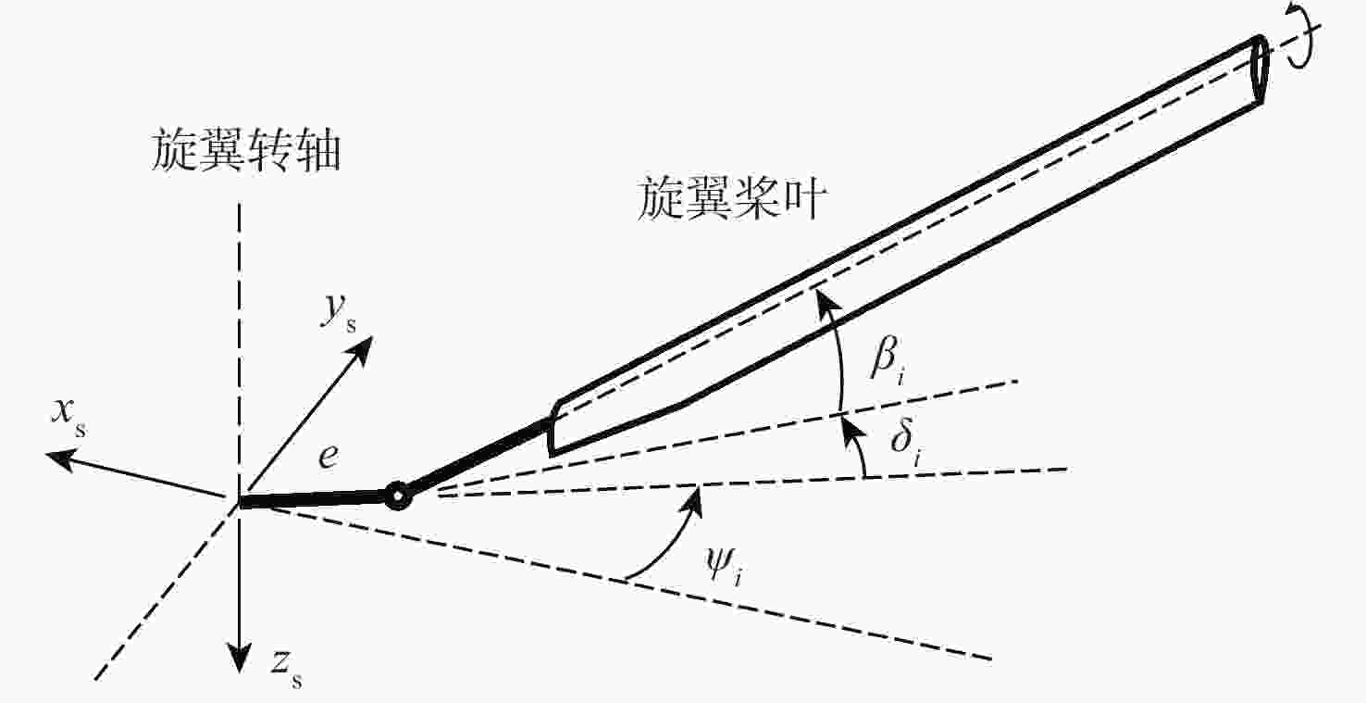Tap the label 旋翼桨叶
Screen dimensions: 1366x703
(x=732, y=198)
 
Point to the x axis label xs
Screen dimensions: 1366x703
(x=68, y=418)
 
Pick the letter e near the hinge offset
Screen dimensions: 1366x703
(x=329, y=457)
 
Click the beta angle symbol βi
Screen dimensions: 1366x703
(x=888, y=364)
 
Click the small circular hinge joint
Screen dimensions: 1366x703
(x=398, y=496)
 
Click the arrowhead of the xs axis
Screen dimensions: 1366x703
(x=60, y=458)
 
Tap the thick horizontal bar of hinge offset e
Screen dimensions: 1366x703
(x=314, y=499)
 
